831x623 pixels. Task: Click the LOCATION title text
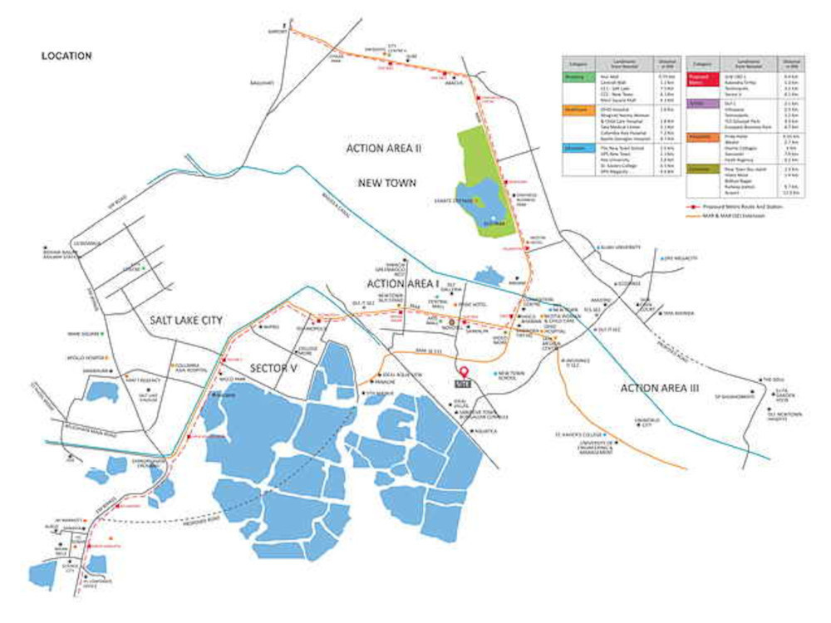(x=66, y=56)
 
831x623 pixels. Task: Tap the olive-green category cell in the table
(x=702, y=169)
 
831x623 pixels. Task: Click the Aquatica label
(x=486, y=431)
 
